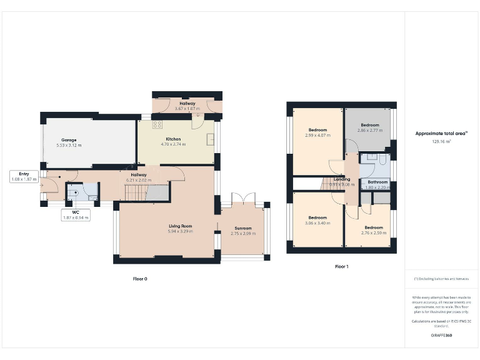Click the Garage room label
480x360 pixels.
tap(69, 139)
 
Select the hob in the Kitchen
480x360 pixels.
tap(157, 124)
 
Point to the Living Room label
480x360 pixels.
tap(180, 226)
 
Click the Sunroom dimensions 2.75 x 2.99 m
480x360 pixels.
tap(243, 232)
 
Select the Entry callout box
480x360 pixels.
tap(24, 176)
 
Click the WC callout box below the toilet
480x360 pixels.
tap(76, 215)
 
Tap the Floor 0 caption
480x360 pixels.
tap(140, 279)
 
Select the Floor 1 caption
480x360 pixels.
tap(341, 266)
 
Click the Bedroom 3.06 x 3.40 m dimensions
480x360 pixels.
tap(317, 222)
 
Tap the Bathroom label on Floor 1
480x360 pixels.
tap(377, 182)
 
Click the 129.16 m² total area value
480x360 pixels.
tap(441, 142)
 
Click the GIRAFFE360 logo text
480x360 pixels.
tap(441, 336)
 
